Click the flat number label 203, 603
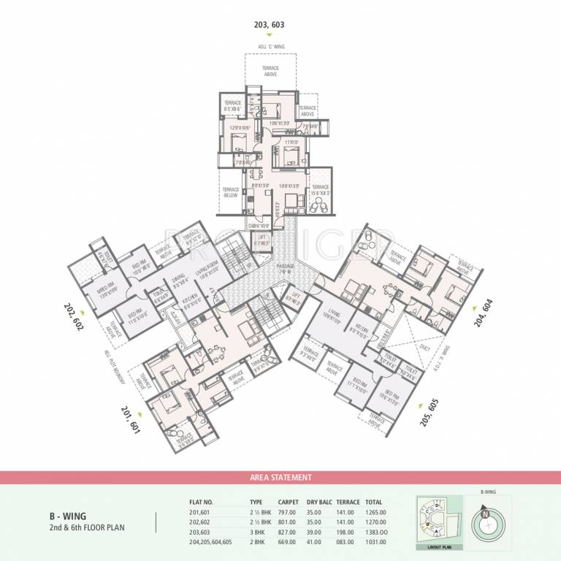[269, 25]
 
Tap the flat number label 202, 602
[74, 316]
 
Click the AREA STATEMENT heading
[280, 478]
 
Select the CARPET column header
[288, 503]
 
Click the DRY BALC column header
[320, 503]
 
